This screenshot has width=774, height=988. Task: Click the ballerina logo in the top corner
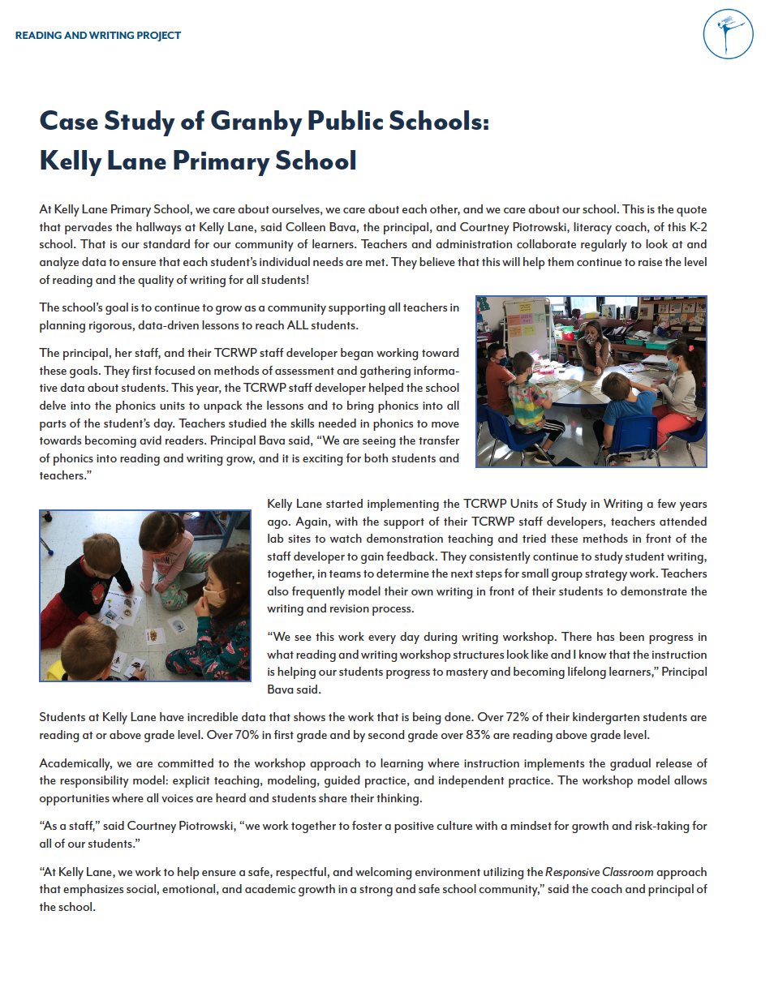click(x=729, y=34)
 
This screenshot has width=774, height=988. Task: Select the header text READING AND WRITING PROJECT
click(x=98, y=36)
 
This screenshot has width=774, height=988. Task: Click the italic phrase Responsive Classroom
click(x=598, y=872)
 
